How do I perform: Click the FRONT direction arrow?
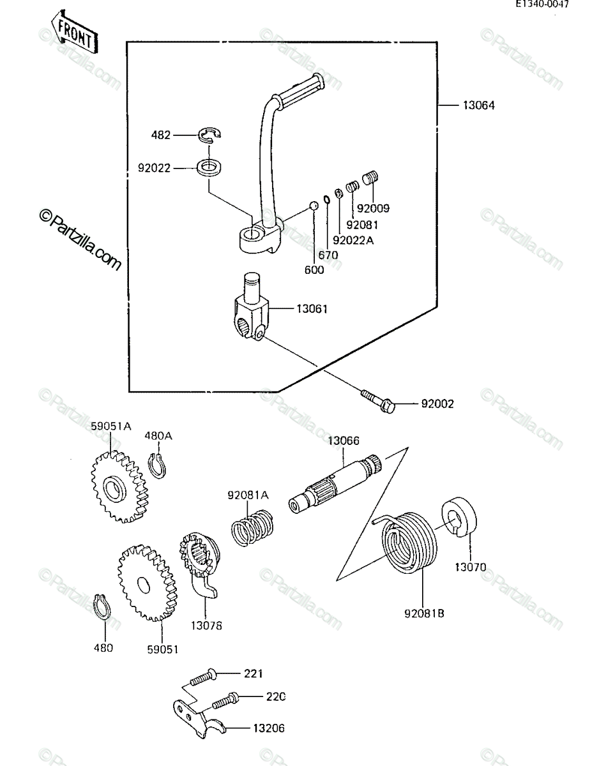tap(74, 33)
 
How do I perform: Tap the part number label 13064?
tap(478, 105)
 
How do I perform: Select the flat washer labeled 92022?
tap(209, 167)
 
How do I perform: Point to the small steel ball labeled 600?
tap(314, 205)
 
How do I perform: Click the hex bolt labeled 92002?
tap(378, 401)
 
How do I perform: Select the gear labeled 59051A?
tap(119, 486)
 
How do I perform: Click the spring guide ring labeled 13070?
tap(459, 517)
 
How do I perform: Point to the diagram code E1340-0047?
tap(542, 4)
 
